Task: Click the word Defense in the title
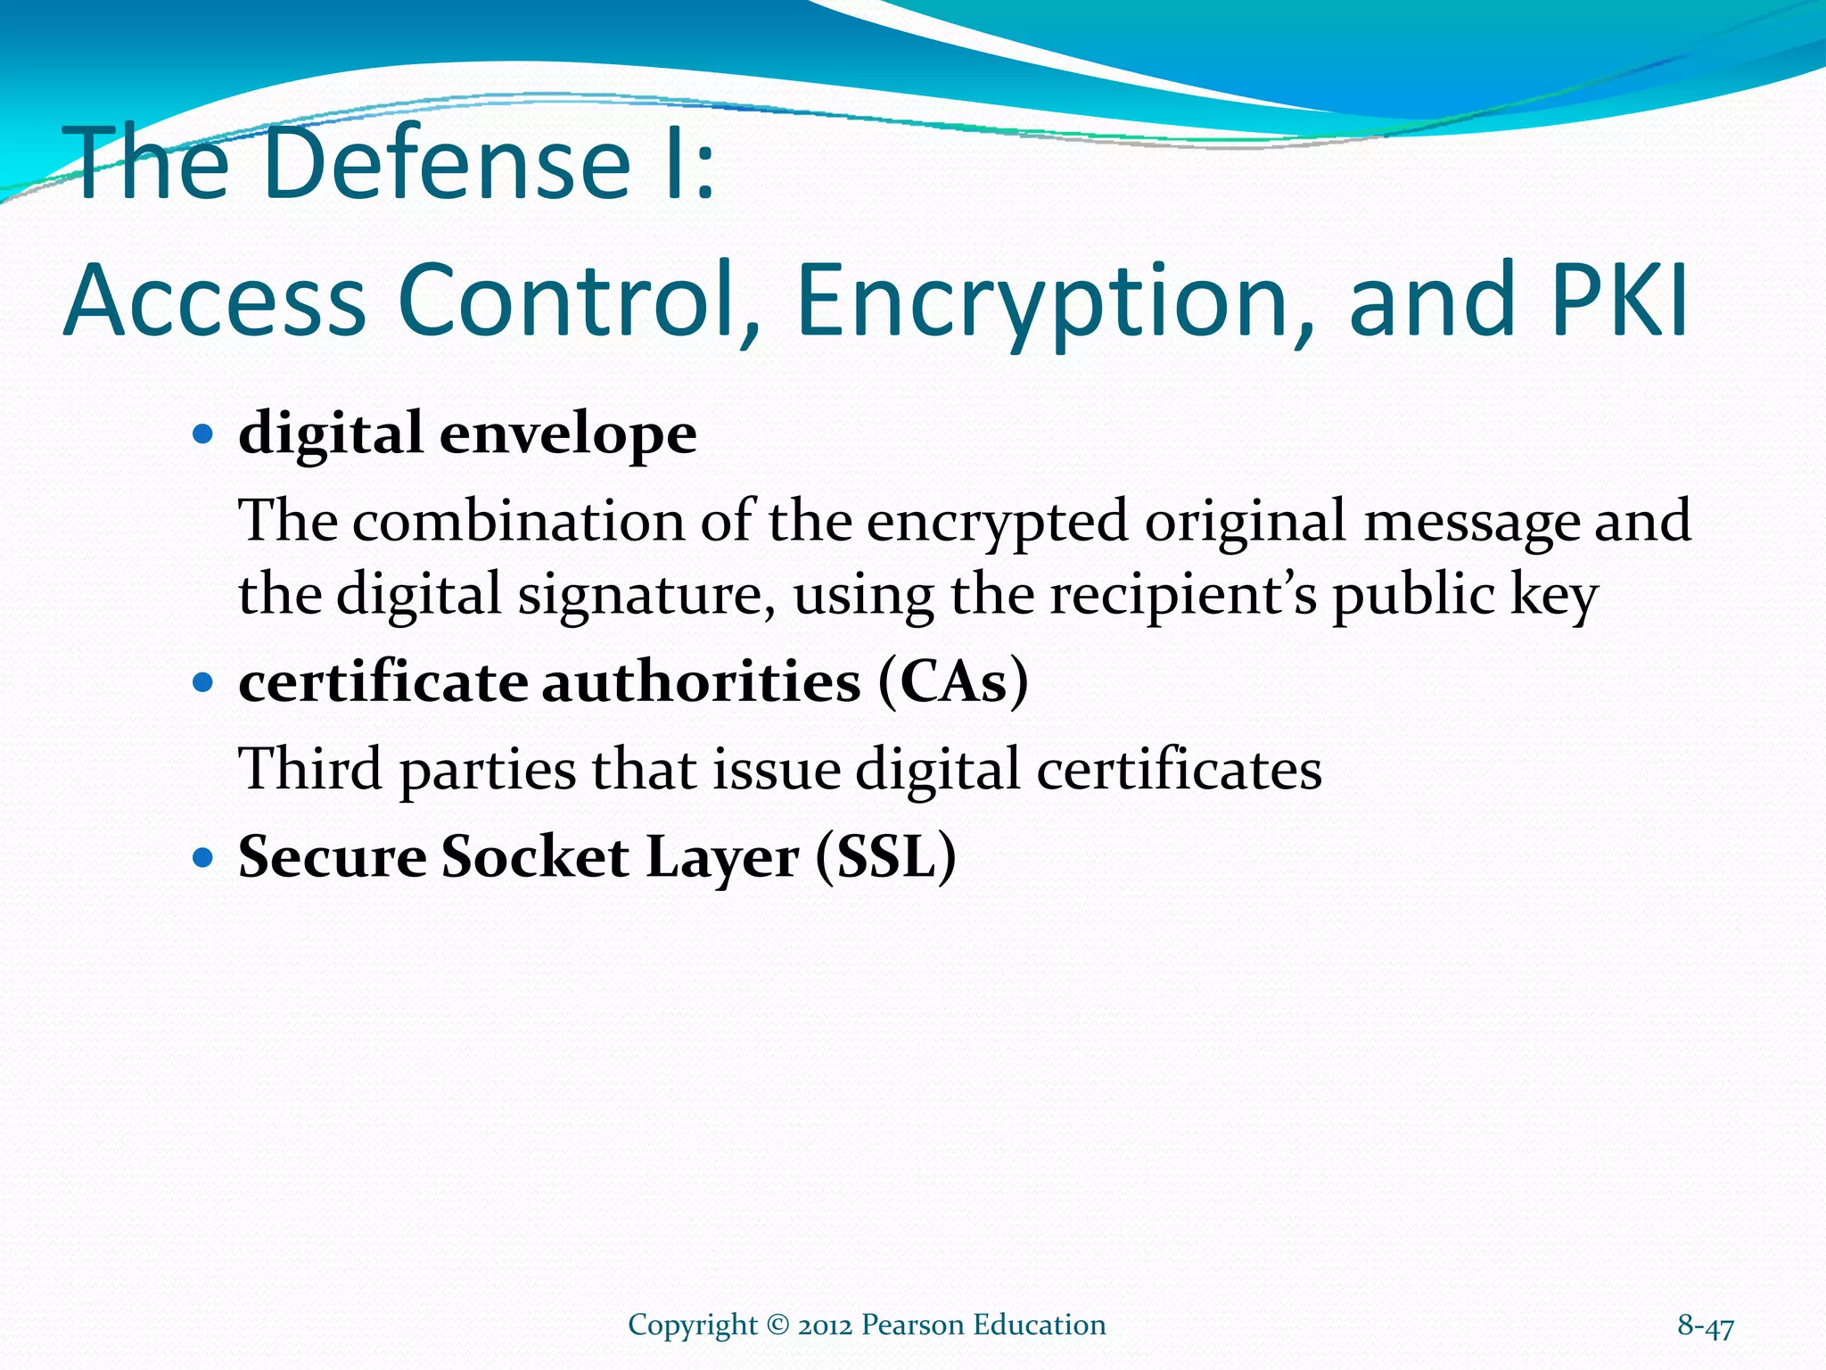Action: pyautogui.click(x=447, y=163)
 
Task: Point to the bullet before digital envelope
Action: pyautogui.click(x=204, y=435)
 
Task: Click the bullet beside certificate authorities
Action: pyautogui.click(x=204, y=683)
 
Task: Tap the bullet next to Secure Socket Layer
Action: pyautogui.click(x=204, y=858)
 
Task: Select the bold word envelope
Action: pyautogui.click(x=568, y=434)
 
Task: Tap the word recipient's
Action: pyautogui.click(x=1181, y=596)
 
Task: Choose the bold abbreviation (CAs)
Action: pyautogui.click(x=953, y=682)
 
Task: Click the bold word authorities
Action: pyautogui.click(x=702, y=682)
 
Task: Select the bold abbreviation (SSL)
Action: pyautogui.click(x=885, y=857)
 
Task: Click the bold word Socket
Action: pyautogui.click(x=535, y=857)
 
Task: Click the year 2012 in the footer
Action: pyautogui.click(x=826, y=1325)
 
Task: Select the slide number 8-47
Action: pyautogui.click(x=1705, y=1326)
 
